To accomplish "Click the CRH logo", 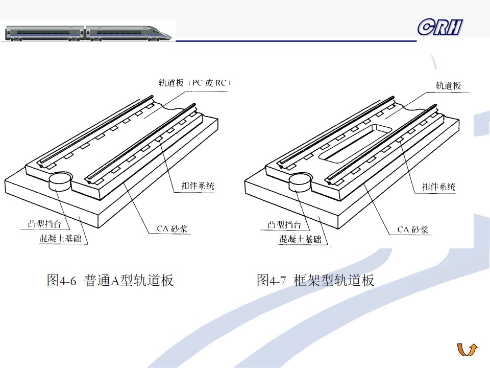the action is (440, 27).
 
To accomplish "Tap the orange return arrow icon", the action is (468, 350).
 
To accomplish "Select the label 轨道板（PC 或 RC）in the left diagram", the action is (194, 83).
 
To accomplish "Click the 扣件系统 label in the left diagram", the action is (198, 186).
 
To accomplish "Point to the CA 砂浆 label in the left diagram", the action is (172, 229).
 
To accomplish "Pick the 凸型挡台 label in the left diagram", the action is (44, 224).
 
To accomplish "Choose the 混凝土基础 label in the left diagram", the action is (60, 239).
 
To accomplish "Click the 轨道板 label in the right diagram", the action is (449, 86).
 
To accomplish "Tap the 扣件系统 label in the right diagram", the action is (438, 187).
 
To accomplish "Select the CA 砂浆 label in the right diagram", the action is (412, 229).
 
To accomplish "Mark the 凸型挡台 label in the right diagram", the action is (284, 224).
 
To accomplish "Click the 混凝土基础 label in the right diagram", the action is (300, 239).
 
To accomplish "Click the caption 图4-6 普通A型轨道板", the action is (110, 280).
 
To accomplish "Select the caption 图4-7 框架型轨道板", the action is (315, 280).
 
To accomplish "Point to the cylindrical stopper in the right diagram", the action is (300, 182).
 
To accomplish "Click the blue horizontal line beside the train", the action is (296, 41).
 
